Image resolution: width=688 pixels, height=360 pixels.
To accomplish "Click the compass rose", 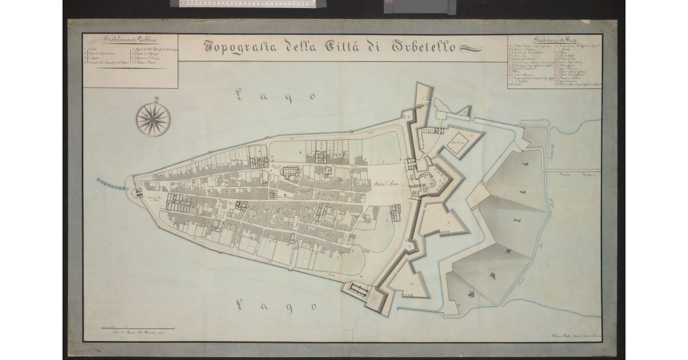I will pyautogui.click(x=153, y=119).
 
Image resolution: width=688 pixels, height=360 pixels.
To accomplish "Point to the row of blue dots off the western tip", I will pyautogui.click(x=110, y=183).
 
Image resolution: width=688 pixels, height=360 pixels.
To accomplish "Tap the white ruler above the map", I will pyautogui.click(x=247, y=3).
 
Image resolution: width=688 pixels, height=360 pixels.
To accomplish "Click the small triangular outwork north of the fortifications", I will pyautogui.click(x=463, y=112).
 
